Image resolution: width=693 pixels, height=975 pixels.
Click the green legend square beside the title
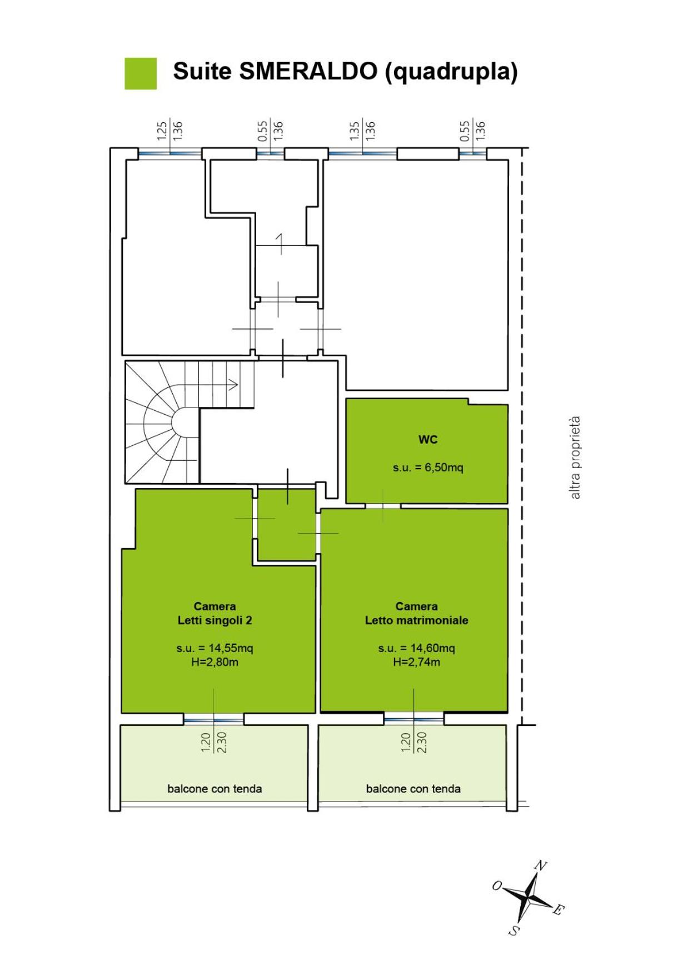(x=141, y=73)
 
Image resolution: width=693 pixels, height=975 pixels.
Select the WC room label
(x=428, y=440)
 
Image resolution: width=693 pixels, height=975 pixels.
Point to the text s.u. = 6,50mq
(x=428, y=467)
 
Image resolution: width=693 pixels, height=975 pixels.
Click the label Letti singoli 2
(x=215, y=620)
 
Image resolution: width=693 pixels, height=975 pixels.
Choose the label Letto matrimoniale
(x=416, y=620)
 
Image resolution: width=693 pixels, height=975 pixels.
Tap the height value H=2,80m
(x=215, y=662)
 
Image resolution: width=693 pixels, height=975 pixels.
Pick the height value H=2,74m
(x=416, y=662)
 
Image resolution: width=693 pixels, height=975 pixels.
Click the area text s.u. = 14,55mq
(x=215, y=648)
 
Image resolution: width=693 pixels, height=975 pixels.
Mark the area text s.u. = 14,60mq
(x=416, y=648)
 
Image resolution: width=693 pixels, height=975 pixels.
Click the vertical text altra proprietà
(x=575, y=457)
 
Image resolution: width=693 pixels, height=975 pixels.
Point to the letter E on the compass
(x=559, y=909)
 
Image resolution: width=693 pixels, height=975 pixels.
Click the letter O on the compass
(x=497, y=886)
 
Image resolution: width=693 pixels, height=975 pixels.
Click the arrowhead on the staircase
(x=234, y=384)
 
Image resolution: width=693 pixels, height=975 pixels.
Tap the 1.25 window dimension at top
(x=161, y=131)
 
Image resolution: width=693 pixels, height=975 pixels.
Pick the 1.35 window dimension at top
(x=355, y=131)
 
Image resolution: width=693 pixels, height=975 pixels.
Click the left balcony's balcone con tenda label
(x=215, y=789)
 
